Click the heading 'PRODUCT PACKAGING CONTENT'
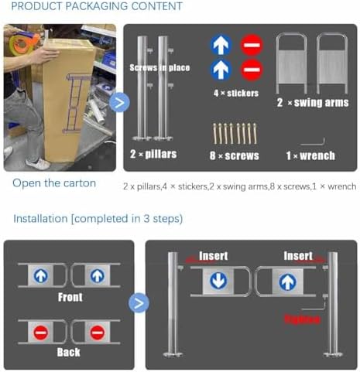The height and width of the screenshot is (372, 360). (x=94, y=7)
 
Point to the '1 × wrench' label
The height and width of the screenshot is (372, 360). (x=310, y=155)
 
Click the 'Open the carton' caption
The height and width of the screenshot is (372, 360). (x=54, y=183)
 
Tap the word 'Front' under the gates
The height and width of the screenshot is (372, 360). (x=70, y=297)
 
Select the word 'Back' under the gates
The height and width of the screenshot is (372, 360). (x=68, y=352)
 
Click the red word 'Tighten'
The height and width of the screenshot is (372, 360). (x=302, y=318)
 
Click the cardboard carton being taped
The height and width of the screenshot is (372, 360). (x=66, y=101)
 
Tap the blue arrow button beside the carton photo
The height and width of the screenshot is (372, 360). (x=119, y=102)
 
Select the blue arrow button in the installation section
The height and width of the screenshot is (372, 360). (x=139, y=302)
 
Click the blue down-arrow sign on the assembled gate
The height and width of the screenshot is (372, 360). (x=219, y=281)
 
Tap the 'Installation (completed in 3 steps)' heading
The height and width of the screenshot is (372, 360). (x=98, y=219)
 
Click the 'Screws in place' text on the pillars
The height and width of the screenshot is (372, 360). (x=159, y=67)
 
